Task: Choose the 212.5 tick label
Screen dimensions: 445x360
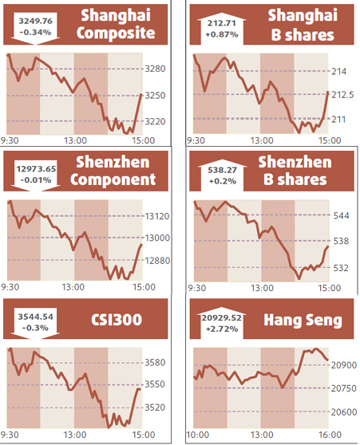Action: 341,95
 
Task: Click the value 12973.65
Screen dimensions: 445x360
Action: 36,169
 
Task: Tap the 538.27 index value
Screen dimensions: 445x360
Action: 220,169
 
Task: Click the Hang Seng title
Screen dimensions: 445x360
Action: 305,321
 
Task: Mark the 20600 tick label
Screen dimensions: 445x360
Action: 343,412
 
